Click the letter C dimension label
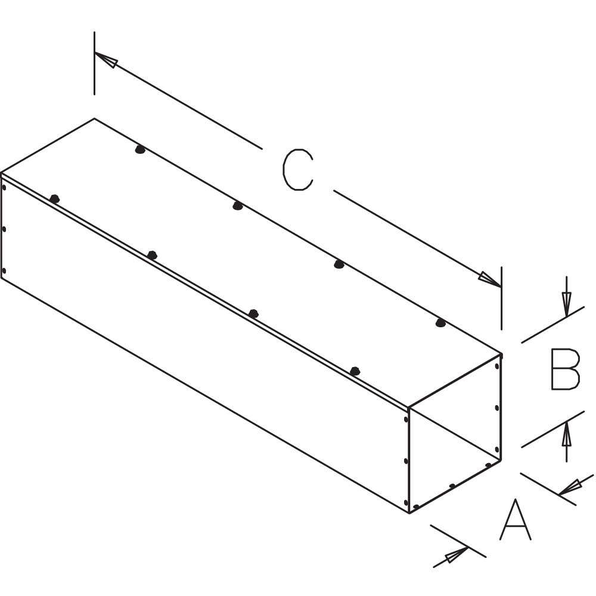tap(297, 169)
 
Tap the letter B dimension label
tap(566, 369)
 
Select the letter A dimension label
tap(515, 519)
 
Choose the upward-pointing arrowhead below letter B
tap(567, 434)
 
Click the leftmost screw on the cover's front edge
tap(55, 198)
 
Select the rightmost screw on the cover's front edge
tap(355, 371)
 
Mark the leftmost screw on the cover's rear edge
tap(140, 150)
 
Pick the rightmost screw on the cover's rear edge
tap(440, 323)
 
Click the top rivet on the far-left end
tap(4, 187)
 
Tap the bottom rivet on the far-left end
tap(4, 271)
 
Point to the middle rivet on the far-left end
tap(4, 229)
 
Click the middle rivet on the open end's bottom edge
tap(452, 486)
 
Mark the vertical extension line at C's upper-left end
tap(94, 63)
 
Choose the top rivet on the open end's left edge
tap(405, 420)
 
